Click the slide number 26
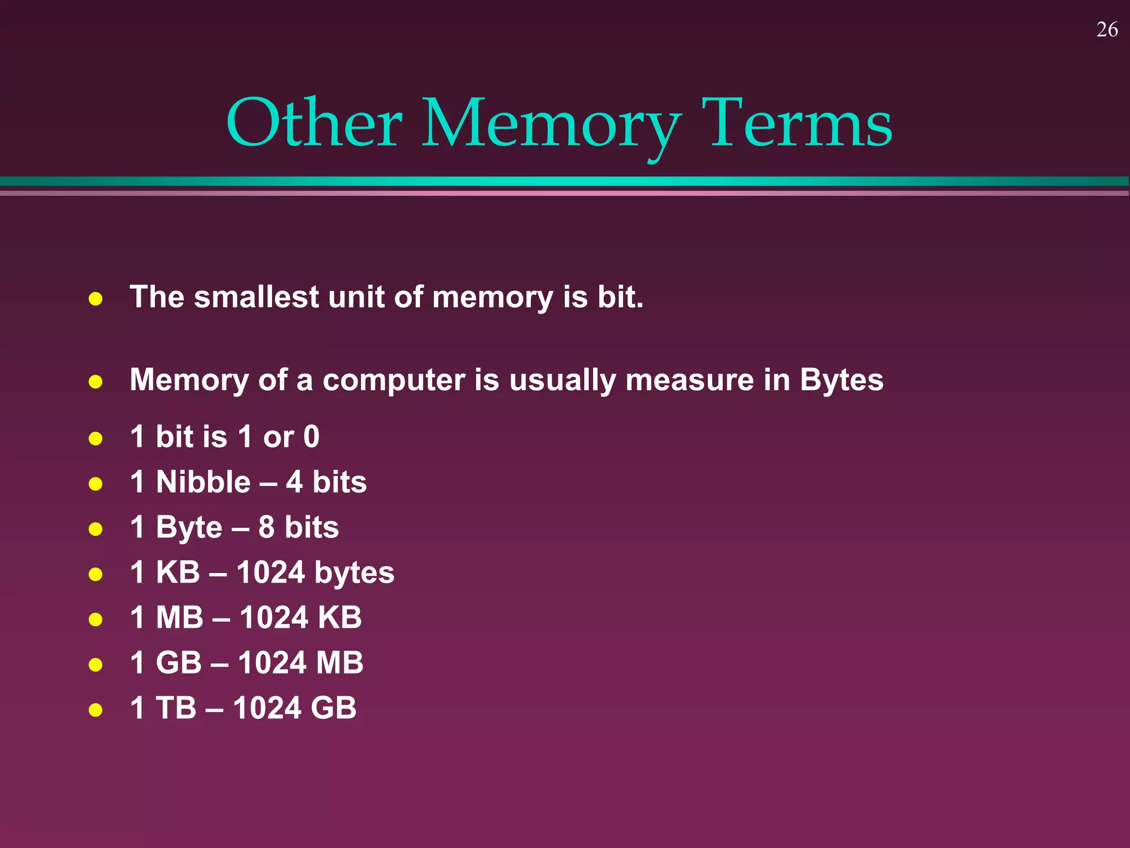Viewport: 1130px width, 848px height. [1107, 30]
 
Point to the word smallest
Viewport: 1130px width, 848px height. [256, 297]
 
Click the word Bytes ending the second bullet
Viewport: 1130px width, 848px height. [841, 380]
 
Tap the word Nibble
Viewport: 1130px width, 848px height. [203, 482]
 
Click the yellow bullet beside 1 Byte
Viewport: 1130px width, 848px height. [95, 529]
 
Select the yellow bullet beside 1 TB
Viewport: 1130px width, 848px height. [95, 709]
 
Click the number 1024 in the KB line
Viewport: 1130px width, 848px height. [270, 573]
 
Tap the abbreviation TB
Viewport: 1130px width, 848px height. [176, 708]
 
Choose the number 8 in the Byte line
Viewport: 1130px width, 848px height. [266, 527]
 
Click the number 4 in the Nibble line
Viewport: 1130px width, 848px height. [294, 482]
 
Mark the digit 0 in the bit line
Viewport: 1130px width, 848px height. [311, 437]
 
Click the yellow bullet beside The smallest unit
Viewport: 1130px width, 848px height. [95, 299]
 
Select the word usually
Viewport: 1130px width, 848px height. [562, 381]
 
